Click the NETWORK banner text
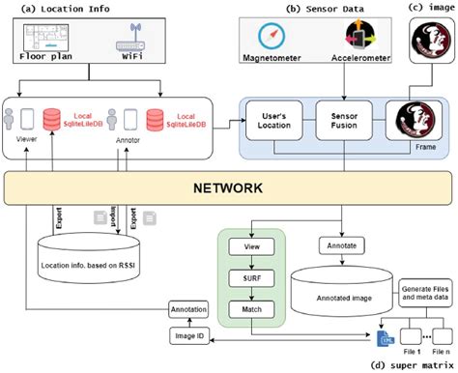click(x=229, y=186)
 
